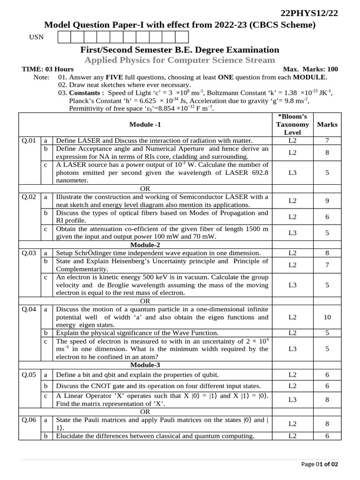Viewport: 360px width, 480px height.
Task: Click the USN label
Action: pos(36,37)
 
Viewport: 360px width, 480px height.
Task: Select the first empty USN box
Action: pos(64,37)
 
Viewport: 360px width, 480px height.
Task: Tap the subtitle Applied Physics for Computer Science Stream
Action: pos(180,60)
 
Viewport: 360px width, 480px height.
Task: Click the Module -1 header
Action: pos(145,125)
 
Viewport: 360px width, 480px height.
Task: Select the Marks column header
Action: pos(327,125)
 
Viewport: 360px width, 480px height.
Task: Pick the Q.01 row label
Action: pos(29,141)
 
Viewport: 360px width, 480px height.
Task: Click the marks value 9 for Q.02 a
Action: pos(327,201)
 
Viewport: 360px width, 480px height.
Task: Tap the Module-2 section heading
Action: pos(145,245)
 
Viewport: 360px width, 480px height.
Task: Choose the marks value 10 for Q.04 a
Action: pos(327,317)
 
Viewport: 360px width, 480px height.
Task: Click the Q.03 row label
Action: pos(29,253)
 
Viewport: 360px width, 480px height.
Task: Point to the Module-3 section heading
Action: pos(145,365)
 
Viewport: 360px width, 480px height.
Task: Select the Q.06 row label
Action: pos(29,420)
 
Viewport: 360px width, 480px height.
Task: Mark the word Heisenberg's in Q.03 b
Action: pos(152,261)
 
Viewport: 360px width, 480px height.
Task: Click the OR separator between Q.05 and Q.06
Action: pos(145,412)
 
